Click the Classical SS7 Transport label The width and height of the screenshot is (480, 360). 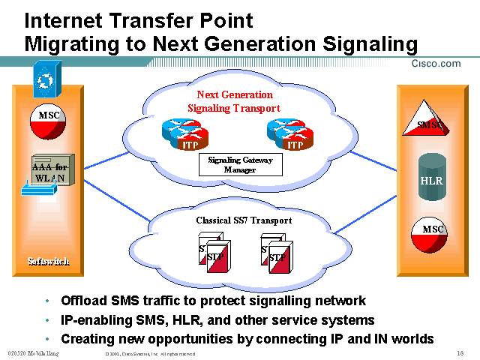click(244, 220)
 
